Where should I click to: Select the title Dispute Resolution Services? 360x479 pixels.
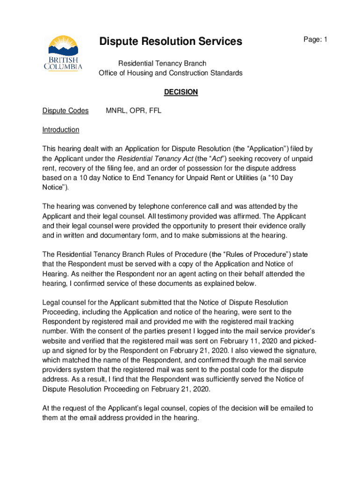(x=171, y=42)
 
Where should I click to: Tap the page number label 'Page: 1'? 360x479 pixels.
(x=315, y=40)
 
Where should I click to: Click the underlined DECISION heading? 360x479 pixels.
(x=181, y=92)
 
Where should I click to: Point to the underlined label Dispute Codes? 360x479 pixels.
(x=65, y=111)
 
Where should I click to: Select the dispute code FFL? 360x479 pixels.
(x=154, y=111)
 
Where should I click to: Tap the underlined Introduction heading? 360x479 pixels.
(x=61, y=130)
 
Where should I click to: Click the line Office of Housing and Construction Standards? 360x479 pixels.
(x=170, y=73)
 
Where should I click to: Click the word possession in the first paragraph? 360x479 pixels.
(x=233, y=168)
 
